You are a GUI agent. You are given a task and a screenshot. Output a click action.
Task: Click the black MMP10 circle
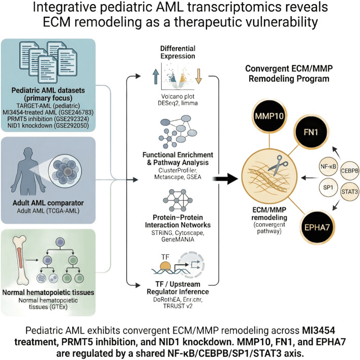269,116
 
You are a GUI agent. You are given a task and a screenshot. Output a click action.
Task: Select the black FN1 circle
311,132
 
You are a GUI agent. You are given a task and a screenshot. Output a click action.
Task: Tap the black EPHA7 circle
317,227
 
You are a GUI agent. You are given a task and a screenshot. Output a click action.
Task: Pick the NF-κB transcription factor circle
328,166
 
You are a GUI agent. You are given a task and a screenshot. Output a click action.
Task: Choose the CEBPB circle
349,171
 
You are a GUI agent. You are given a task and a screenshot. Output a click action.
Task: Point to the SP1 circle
328,188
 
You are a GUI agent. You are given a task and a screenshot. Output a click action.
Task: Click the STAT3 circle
349,191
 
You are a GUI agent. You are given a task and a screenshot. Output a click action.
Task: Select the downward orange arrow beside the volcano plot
198,76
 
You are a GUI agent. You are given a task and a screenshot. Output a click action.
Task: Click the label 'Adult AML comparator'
48,203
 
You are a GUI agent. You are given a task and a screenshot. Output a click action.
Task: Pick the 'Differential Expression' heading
177,52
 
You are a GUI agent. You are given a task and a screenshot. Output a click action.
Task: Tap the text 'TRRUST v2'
177,306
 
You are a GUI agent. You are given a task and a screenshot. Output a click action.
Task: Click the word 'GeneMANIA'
177,239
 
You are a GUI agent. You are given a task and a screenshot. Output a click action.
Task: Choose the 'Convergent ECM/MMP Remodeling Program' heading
289,73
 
